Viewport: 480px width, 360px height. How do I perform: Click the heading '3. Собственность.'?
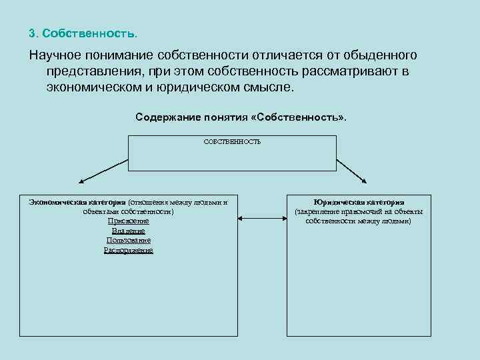point(84,33)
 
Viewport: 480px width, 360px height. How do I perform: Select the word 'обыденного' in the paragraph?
point(379,54)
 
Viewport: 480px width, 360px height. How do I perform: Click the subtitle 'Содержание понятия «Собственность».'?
point(241,117)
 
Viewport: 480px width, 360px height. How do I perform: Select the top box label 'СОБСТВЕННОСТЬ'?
point(232,141)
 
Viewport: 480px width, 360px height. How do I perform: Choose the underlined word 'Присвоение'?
point(129,221)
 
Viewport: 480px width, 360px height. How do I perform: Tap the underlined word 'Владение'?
point(129,231)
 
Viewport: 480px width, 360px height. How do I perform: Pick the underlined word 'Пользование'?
point(129,240)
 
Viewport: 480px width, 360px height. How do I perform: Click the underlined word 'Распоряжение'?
point(129,250)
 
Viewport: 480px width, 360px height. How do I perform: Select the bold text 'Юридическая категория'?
point(359,202)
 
